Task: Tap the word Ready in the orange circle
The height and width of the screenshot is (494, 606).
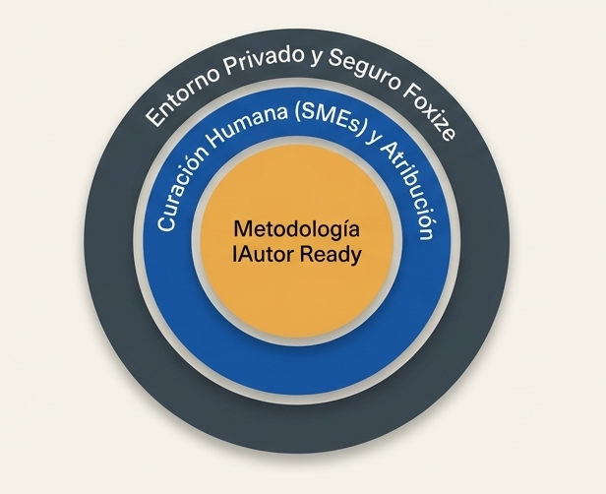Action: [332, 254]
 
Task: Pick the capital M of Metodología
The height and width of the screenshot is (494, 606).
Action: [242, 228]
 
